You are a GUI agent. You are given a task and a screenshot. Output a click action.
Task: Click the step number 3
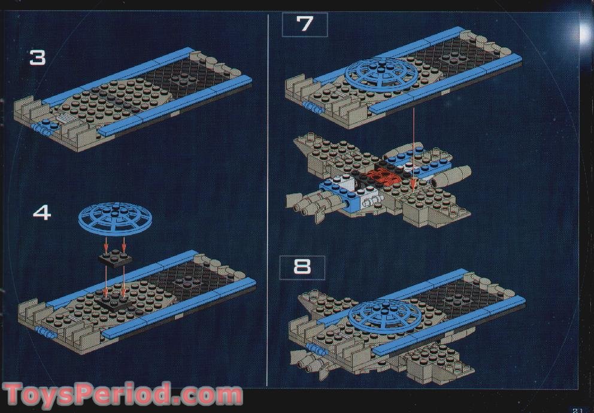(x=37, y=57)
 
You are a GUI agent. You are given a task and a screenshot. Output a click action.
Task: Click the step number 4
(x=41, y=212)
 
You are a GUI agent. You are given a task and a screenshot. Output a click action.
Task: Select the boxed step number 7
(x=305, y=25)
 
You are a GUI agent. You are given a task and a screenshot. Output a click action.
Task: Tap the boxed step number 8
(x=302, y=267)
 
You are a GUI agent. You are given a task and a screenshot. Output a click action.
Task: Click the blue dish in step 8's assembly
(x=380, y=314)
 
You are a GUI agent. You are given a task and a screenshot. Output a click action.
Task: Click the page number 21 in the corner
(x=577, y=408)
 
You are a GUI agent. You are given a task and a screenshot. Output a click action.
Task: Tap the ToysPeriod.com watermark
(x=123, y=396)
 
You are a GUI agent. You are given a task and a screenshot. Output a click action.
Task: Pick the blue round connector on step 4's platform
(x=45, y=330)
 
